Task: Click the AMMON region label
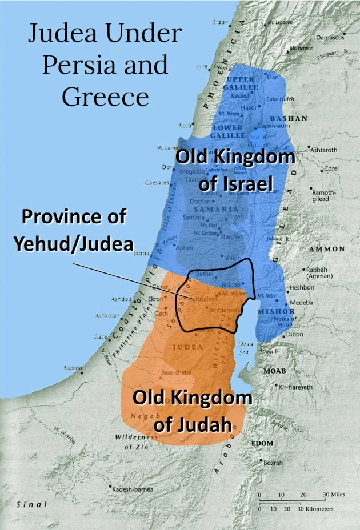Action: click(x=327, y=250)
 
